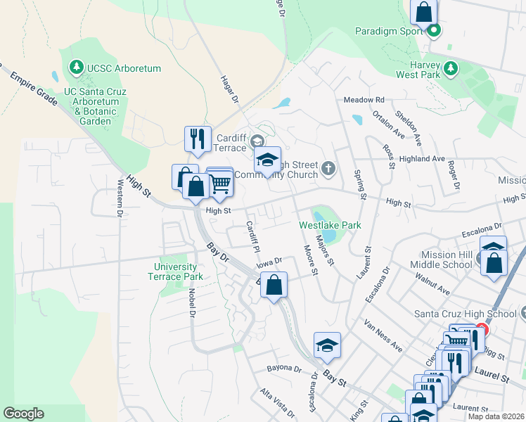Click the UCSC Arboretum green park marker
75,68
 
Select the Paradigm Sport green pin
435,30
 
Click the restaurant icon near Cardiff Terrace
198,138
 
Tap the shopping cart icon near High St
220,184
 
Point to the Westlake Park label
330,225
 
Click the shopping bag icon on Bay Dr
275,285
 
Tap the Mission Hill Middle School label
447,259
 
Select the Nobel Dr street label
191,303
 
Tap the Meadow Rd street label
364,100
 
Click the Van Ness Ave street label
383,336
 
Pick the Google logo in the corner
23,414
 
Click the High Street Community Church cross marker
328,167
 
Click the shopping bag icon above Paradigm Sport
424,12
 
